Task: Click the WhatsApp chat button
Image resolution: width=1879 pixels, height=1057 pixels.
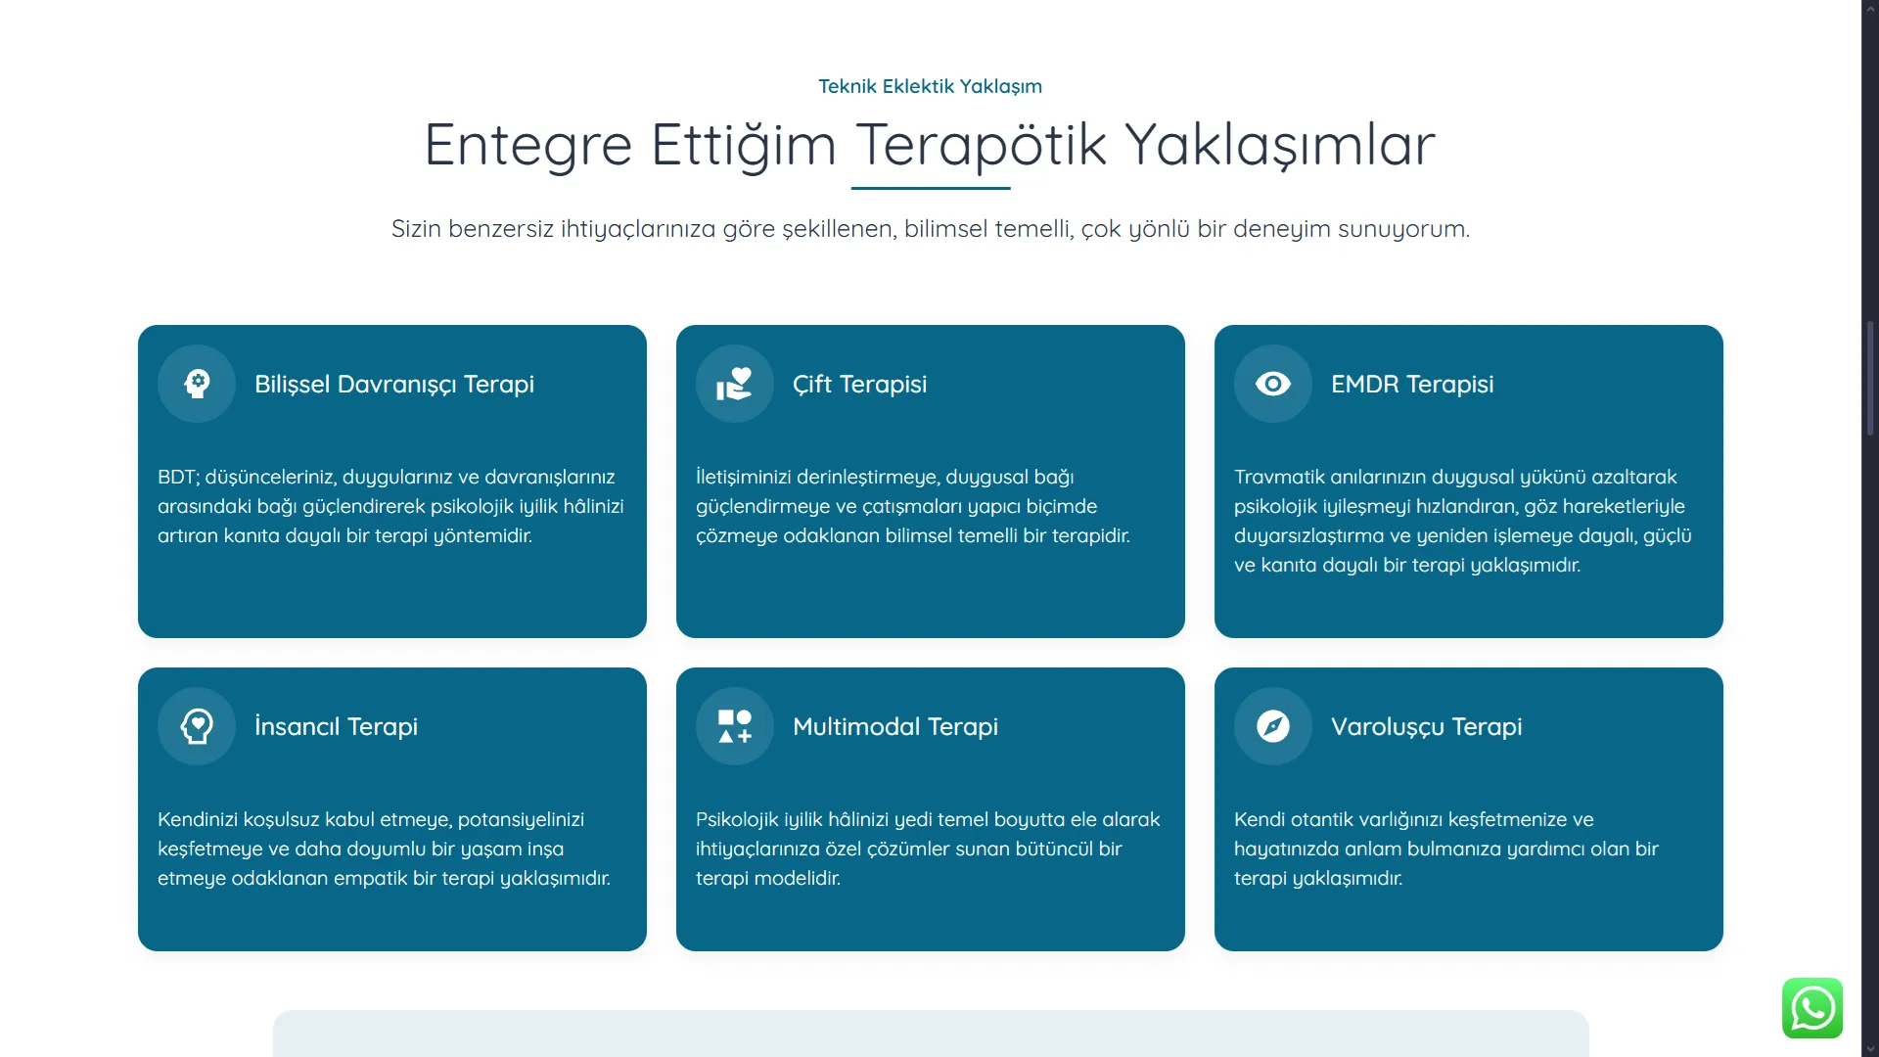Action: coord(1812,1008)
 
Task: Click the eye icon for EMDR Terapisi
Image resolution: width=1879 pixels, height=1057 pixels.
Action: coord(1273,384)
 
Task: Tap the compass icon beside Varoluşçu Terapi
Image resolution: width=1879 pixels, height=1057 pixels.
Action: coord(1273,726)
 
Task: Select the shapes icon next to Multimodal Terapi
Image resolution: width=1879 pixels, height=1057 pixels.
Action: coord(735,726)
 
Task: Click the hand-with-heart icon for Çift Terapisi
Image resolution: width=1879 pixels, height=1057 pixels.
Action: coord(735,384)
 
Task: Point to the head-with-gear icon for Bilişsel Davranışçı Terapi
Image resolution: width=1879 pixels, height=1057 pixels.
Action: coord(197,384)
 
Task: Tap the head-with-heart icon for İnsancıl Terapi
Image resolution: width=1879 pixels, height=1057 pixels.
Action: coord(197,726)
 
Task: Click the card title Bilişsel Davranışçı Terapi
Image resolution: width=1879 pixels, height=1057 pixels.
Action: coord(394,384)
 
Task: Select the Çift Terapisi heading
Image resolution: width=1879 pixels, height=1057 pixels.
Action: coord(859,384)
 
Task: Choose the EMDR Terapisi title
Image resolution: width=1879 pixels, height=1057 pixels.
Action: coord(1412,384)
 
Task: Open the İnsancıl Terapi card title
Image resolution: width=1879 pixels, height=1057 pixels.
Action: coord(336,726)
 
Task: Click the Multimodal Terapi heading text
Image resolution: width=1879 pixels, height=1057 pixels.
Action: coord(895,726)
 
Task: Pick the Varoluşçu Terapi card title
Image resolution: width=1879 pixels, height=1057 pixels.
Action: coord(1427,726)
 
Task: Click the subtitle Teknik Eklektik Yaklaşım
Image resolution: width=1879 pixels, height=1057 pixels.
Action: coord(930,86)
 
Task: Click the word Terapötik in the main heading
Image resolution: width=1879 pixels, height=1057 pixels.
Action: coord(982,145)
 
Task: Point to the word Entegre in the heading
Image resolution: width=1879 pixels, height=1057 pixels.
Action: coord(528,145)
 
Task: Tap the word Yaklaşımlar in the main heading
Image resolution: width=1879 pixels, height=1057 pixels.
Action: coord(1280,145)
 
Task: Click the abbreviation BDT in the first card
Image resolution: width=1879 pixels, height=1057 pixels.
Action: coord(178,477)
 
